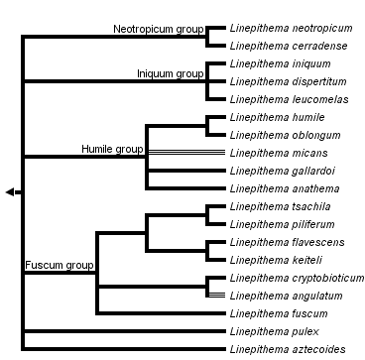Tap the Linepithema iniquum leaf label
[x=277, y=64]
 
